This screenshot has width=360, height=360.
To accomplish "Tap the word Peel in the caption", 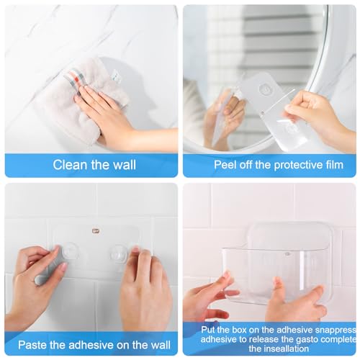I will [x=226, y=165].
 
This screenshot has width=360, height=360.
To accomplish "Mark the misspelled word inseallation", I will [x=276, y=349].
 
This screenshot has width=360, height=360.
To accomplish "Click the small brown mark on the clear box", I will [x=287, y=253].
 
